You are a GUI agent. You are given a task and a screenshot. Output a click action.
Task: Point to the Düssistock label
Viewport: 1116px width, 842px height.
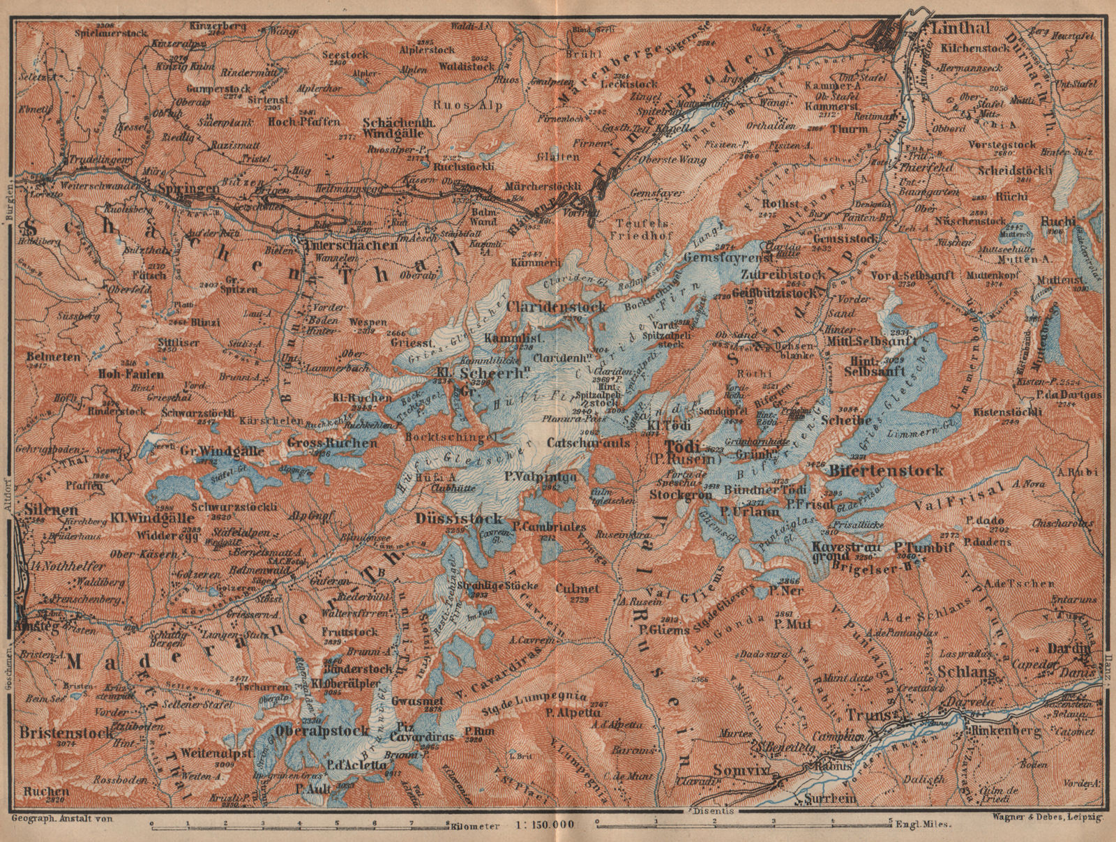(x=458, y=518)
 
